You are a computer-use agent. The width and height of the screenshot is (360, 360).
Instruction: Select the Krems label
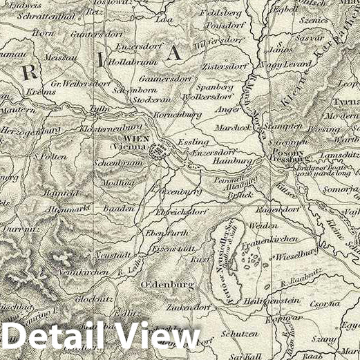pyautogui.click(x=39, y=91)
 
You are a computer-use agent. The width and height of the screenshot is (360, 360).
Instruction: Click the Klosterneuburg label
pyautogui.click(x=106, y=129)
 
